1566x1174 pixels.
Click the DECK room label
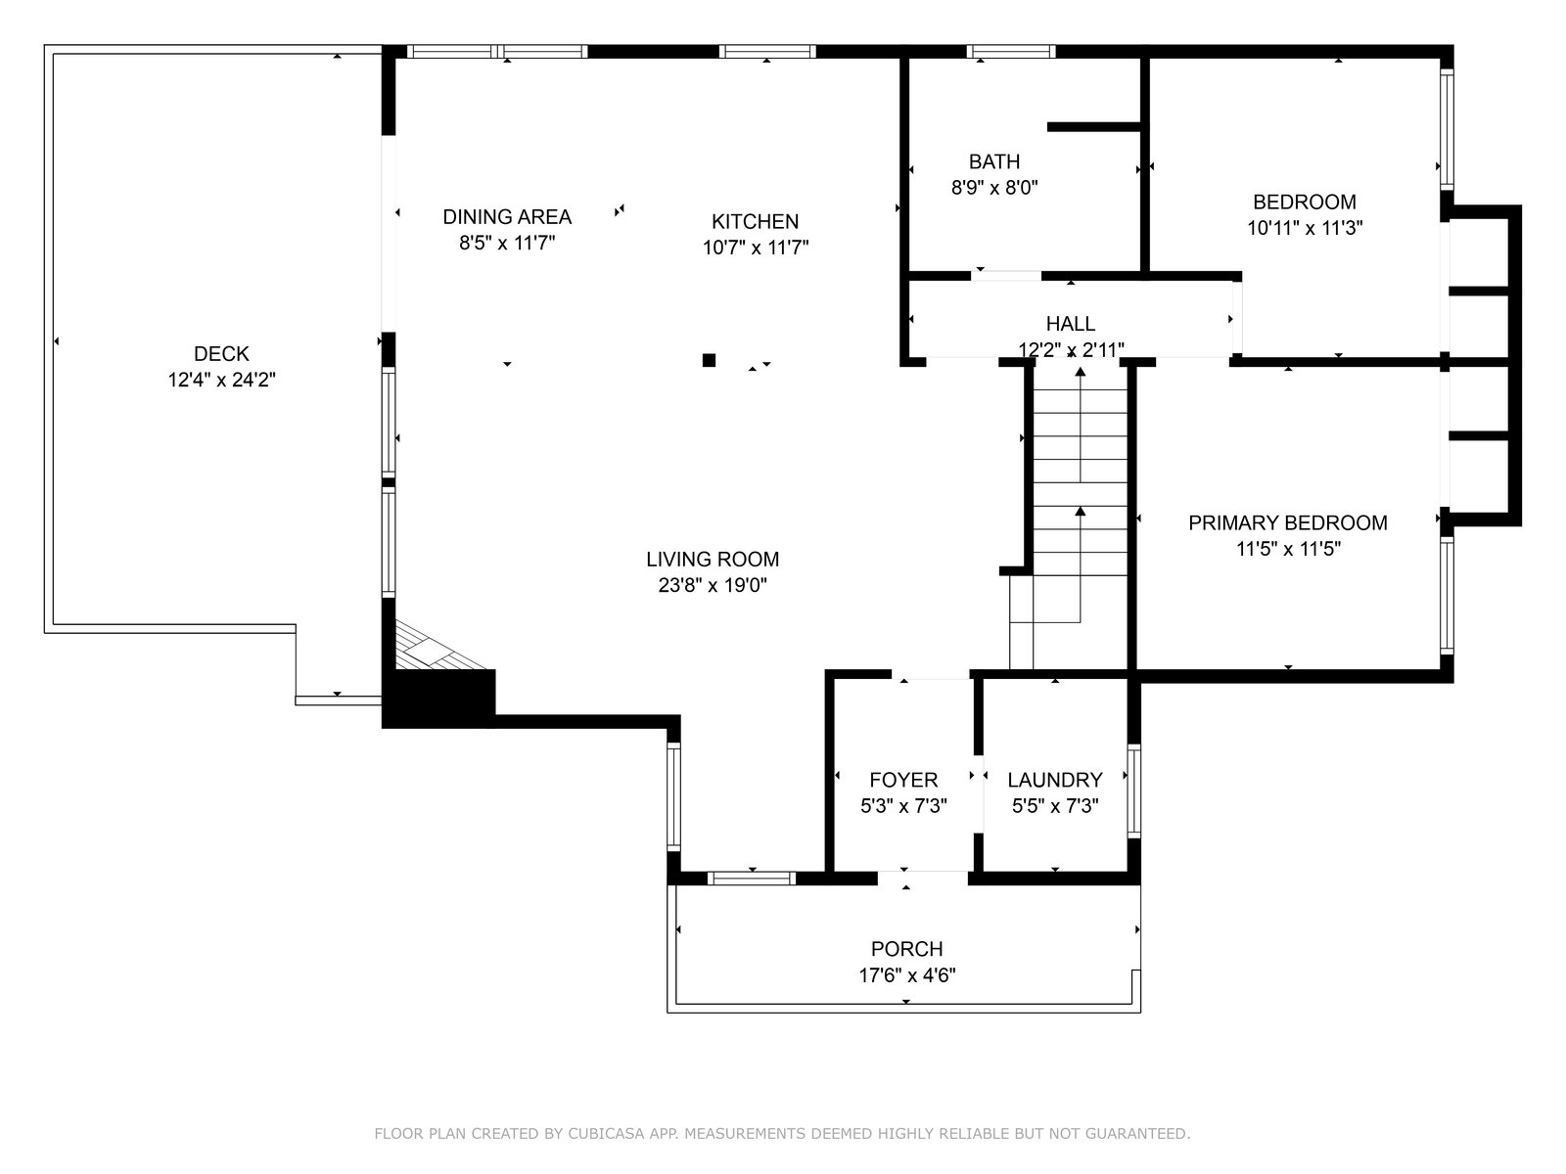click(221, 353)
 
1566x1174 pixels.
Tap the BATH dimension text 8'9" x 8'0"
click(993, 188)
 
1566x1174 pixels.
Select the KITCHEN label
click(755, 221)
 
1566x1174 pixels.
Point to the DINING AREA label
click(507, 216)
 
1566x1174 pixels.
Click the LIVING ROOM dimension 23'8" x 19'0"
click(712, 585)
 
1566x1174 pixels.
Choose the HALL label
click(1070, 324)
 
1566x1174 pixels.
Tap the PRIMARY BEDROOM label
click(1288, 522)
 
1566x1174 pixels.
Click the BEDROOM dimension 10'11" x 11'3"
click(1304, 228)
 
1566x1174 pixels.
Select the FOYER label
click(903, 779)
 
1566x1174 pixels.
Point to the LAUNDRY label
click(1054, 779)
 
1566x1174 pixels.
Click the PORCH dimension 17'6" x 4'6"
click(906, 974)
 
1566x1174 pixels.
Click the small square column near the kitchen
click(709, 360)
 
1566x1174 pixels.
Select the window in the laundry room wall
click(1133, 790)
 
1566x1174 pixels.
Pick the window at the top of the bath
click(1011, 51)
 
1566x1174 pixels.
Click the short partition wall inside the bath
click(1094, 127)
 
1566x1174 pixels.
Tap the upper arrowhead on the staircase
click(1081, 372)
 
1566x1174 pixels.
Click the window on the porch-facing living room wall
click(752, 878)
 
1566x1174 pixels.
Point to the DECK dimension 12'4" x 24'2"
click(221, 380)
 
